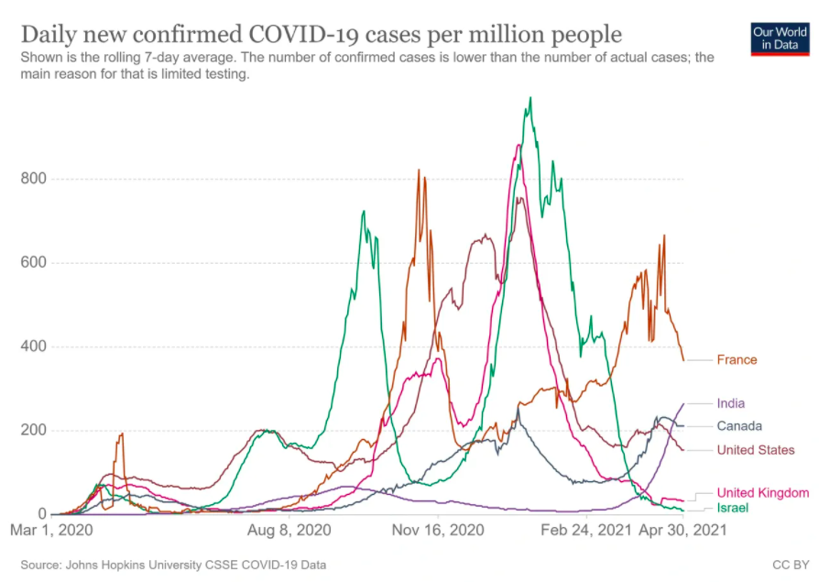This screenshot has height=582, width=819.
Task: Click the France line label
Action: coord(737,359)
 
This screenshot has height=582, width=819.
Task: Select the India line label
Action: coord(730,403)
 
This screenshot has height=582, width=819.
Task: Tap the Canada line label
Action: coord(738,426)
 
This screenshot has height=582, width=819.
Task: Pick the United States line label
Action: coord(755,450)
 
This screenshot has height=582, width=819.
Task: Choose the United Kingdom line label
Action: coord(762,492)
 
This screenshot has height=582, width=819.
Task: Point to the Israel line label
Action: coord(732,507)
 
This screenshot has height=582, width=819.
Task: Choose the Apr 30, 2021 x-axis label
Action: coord(680,530)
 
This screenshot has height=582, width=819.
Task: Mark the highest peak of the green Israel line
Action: coord(530,98)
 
